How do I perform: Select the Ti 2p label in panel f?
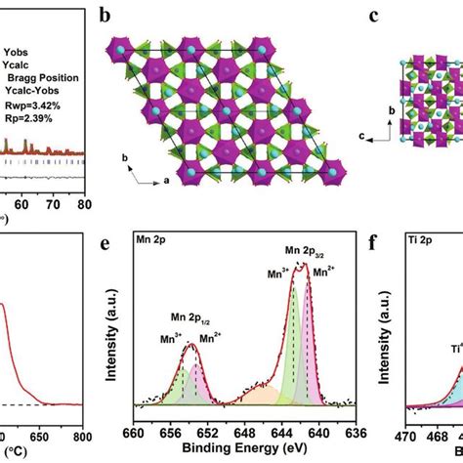(418, 236)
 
